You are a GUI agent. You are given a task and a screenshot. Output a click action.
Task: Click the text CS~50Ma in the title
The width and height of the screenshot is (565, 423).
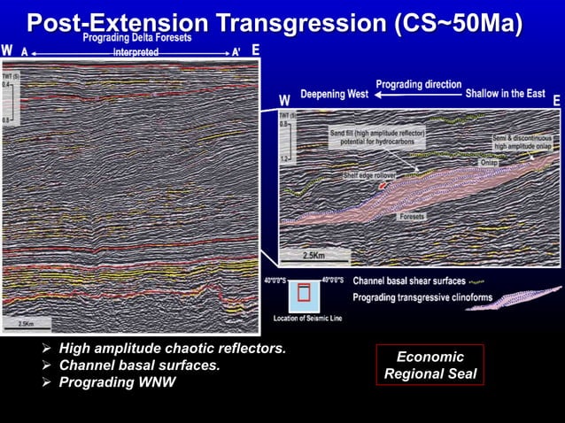[x=460, y=21]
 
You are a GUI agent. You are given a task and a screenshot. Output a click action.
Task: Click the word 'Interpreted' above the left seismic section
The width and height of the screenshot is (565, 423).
[x=136, y=52]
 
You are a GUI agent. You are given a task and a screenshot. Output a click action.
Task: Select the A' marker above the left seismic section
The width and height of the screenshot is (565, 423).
[x=236, y=51]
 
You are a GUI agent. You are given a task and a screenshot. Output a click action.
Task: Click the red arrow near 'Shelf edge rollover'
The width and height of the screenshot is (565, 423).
[x=383, y=186]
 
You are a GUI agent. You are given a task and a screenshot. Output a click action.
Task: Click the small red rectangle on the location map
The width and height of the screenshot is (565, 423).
[x=304, y=293]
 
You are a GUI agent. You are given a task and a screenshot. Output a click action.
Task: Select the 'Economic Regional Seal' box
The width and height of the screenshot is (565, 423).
[x=430, y=365]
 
